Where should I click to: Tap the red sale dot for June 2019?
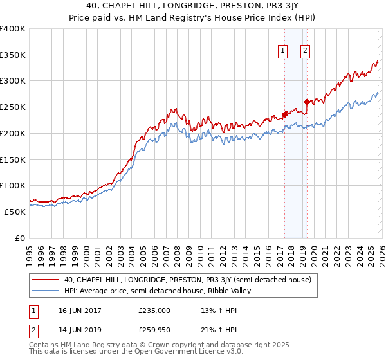point(307,101)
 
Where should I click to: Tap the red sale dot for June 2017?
point(284,114)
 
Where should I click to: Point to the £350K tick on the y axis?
point(13,55)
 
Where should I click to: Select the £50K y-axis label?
point(15,212)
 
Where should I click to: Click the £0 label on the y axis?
point(20,238)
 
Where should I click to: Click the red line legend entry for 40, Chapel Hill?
point(187,280)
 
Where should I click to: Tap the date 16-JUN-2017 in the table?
point(79,310)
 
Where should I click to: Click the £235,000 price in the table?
point(154,310)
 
